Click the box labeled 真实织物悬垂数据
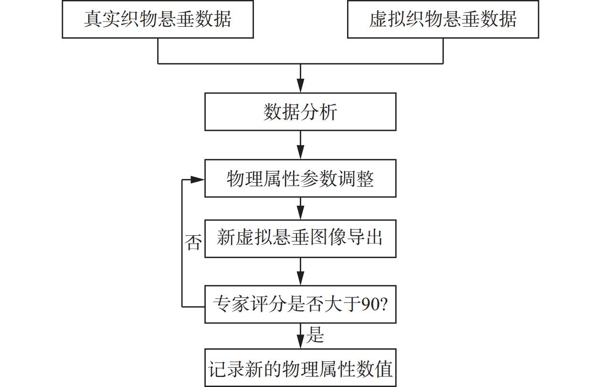(x=158, y=19)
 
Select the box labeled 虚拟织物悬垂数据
(x=443, y=19)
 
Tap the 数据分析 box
(x=300, y=112)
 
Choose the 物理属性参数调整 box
(x=300, y=179)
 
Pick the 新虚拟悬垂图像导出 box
(x=300, y=238)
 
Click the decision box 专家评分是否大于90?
(x=300, y=304)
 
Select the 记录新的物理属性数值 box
(x=300, y=368)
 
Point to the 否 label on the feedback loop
(x=193, y=242)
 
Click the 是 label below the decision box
(x=315, y=335)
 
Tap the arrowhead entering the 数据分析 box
(x=300, y=86)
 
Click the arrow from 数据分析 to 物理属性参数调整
(x=300, y=145)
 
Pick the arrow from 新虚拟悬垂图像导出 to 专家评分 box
(x=300, y=272)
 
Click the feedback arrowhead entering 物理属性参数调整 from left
(x=198, y=179)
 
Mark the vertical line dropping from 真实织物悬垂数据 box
(x=158, y=51)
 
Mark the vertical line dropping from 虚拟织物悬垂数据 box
(x=443, y=51)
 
